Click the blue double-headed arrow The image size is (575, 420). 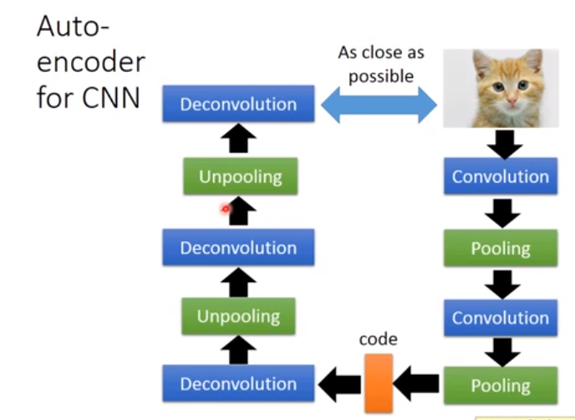[x=379, y=105]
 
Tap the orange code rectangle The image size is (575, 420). [x=379, y=383]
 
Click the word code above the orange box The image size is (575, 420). [x=378, y=339]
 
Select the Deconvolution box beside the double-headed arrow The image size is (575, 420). [x=238, y=104]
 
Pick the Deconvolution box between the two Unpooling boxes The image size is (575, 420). [x=238, y=247]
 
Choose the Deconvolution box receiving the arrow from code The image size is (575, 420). [x=238, y=383]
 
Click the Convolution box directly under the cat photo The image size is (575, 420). [x=501, y=177]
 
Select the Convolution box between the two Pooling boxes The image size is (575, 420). [x=501, y=318]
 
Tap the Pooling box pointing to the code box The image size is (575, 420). [x=501, y=385]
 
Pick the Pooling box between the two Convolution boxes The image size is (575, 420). [x=501, y=248]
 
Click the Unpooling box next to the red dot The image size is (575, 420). [x=240, y=177]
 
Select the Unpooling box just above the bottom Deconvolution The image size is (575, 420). [x=238, y=316]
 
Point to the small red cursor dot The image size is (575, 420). [x=226, y=209]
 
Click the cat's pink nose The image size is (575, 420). [x=512, y=100]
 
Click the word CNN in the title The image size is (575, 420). [x=111, y=98]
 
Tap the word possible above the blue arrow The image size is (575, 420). [x=381, y=77]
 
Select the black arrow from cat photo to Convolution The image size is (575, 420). [x=505, y=145]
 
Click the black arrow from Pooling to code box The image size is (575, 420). [x=416, y=383]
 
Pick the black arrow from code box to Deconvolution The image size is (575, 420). [x=339, y=384]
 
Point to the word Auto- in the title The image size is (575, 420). [x=74, y=27]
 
